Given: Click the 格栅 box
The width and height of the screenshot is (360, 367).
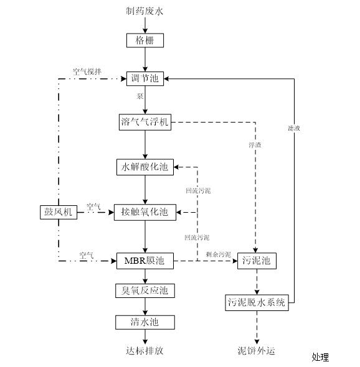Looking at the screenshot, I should pyautogui.click(x=145, y=41).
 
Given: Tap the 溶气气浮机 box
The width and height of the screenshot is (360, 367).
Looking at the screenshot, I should pyautogui.click(x=144, y=122).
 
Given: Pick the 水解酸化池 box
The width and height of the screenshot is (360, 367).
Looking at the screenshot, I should pyautogui.click(x=145, y=167).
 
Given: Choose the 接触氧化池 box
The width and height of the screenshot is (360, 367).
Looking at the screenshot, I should pyautogui.click(x=145, y=212).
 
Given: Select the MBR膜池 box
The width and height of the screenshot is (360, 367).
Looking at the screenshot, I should pyautogui.click(x=145, y=261).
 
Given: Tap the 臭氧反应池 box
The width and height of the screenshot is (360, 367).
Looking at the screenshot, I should pyautogui.click(x=145, y=290).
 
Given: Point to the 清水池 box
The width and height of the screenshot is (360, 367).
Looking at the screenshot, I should pyautogui.click(x=145, y=322).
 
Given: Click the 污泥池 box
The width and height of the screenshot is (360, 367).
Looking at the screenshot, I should pyautogui.click(x=256, y=261).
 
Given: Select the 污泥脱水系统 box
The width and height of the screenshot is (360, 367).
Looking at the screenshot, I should pyautogui.click(x=256, y=303).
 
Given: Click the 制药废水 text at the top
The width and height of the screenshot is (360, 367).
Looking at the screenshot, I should pyautogui.click(x=145, y=11).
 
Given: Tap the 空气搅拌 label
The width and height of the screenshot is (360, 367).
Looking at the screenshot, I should pyautogui.click(x=85, y=72).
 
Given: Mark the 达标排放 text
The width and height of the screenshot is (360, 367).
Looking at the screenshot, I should pyautogui.click(x=145, y=351).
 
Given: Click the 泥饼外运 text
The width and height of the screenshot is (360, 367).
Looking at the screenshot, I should pyautogui.click(x=255, y=351).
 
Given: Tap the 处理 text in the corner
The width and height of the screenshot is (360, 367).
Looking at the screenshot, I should pyautogui.click(x=320, y=357).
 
